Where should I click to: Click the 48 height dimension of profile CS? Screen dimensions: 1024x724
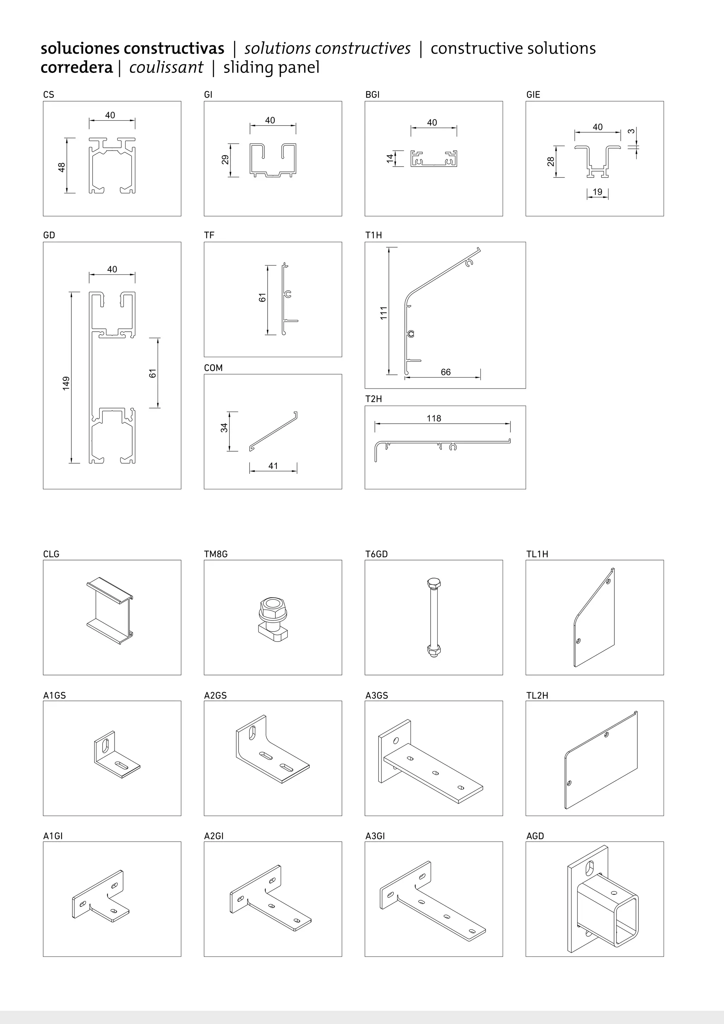coord(62,167)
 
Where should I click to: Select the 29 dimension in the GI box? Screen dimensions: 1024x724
coord(226,160)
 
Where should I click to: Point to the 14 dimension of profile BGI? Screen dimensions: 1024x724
coord(390,158)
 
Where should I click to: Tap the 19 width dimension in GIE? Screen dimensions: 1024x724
coord(597,192)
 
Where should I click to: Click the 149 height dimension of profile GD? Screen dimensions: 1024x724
coord(66,383)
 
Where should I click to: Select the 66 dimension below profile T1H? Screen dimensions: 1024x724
coord(445,372)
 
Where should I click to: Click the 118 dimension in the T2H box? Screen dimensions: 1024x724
coord(433,418)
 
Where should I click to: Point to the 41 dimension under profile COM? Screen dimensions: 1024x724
coord(273,466)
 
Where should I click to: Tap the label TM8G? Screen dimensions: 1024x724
coord(216,554)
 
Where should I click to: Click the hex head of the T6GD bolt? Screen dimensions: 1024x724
coord(432,584)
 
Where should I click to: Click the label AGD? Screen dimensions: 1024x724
coord(535,836)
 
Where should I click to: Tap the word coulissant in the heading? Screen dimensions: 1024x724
coord(166,67)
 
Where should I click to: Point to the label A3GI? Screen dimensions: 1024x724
coord(375,836)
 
